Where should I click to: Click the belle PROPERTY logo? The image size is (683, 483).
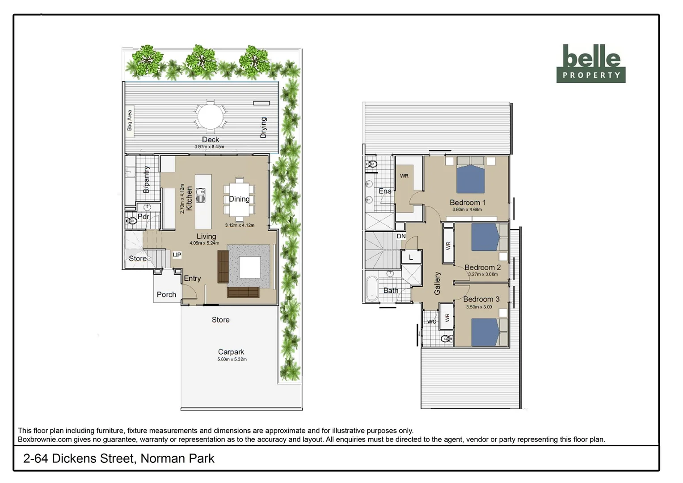(x=590, y=64)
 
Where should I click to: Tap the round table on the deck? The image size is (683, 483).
(x=210, y=116)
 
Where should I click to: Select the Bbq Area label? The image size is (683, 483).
(x=130, y=120)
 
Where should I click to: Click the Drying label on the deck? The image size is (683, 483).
(x=264, y=127)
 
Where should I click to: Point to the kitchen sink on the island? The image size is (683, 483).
(x=201, y=195)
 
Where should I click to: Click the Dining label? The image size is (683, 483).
(x=239, y=199)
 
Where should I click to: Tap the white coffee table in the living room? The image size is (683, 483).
(x=249, y=267)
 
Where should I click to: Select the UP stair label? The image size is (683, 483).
(x=177, y=255)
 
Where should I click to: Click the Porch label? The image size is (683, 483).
(x=166, y=295)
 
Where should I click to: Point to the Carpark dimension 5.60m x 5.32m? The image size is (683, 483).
(x=232, y=359)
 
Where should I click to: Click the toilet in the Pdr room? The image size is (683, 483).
(x=131, y=220)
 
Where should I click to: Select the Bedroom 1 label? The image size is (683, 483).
(x=467, y=203)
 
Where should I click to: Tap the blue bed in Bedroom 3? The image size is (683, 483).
(x=485, y=332)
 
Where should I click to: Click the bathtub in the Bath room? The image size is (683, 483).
(x=371, y=288)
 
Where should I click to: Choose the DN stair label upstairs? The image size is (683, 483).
(x=401, y=236)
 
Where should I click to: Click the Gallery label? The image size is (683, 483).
(x=437, y=283)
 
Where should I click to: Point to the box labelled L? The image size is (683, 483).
(x=411, y=257)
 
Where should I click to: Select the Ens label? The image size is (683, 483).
(x=385, y=191)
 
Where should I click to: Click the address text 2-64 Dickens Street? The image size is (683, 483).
(x=118, y=458)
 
